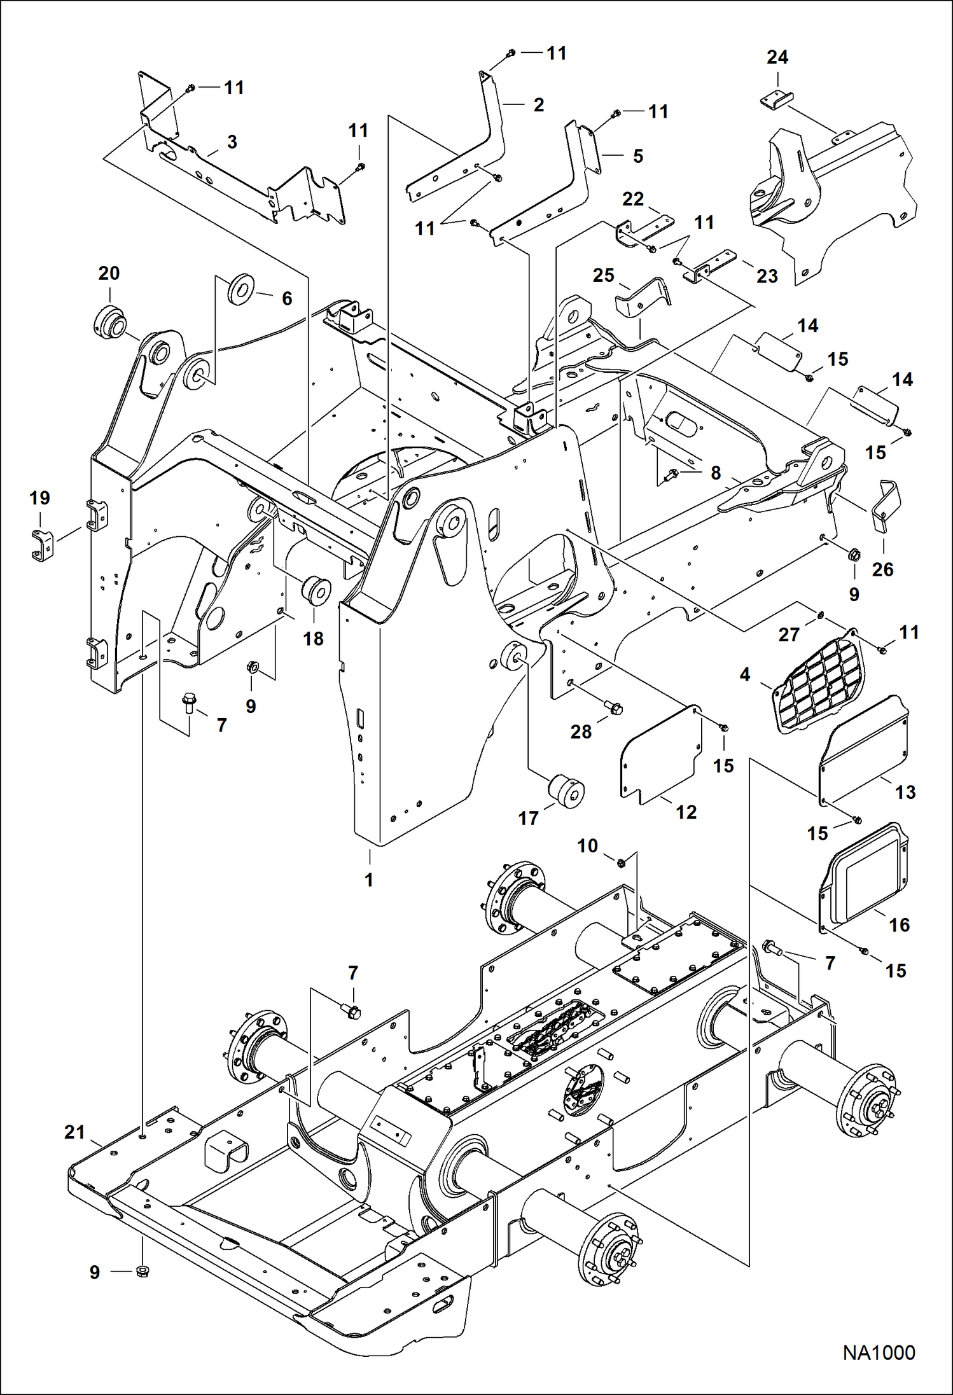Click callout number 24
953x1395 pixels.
click(777, 57)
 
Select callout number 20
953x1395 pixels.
click(109, 274)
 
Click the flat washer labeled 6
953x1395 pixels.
click(241, 289)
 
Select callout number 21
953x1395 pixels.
click(74, 1132)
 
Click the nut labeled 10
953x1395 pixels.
click(621, 862)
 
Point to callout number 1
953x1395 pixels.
click(369, 880)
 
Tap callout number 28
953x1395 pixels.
click(580, 732)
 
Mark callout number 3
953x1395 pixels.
click(232, 142)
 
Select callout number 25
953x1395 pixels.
click(603, 275)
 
